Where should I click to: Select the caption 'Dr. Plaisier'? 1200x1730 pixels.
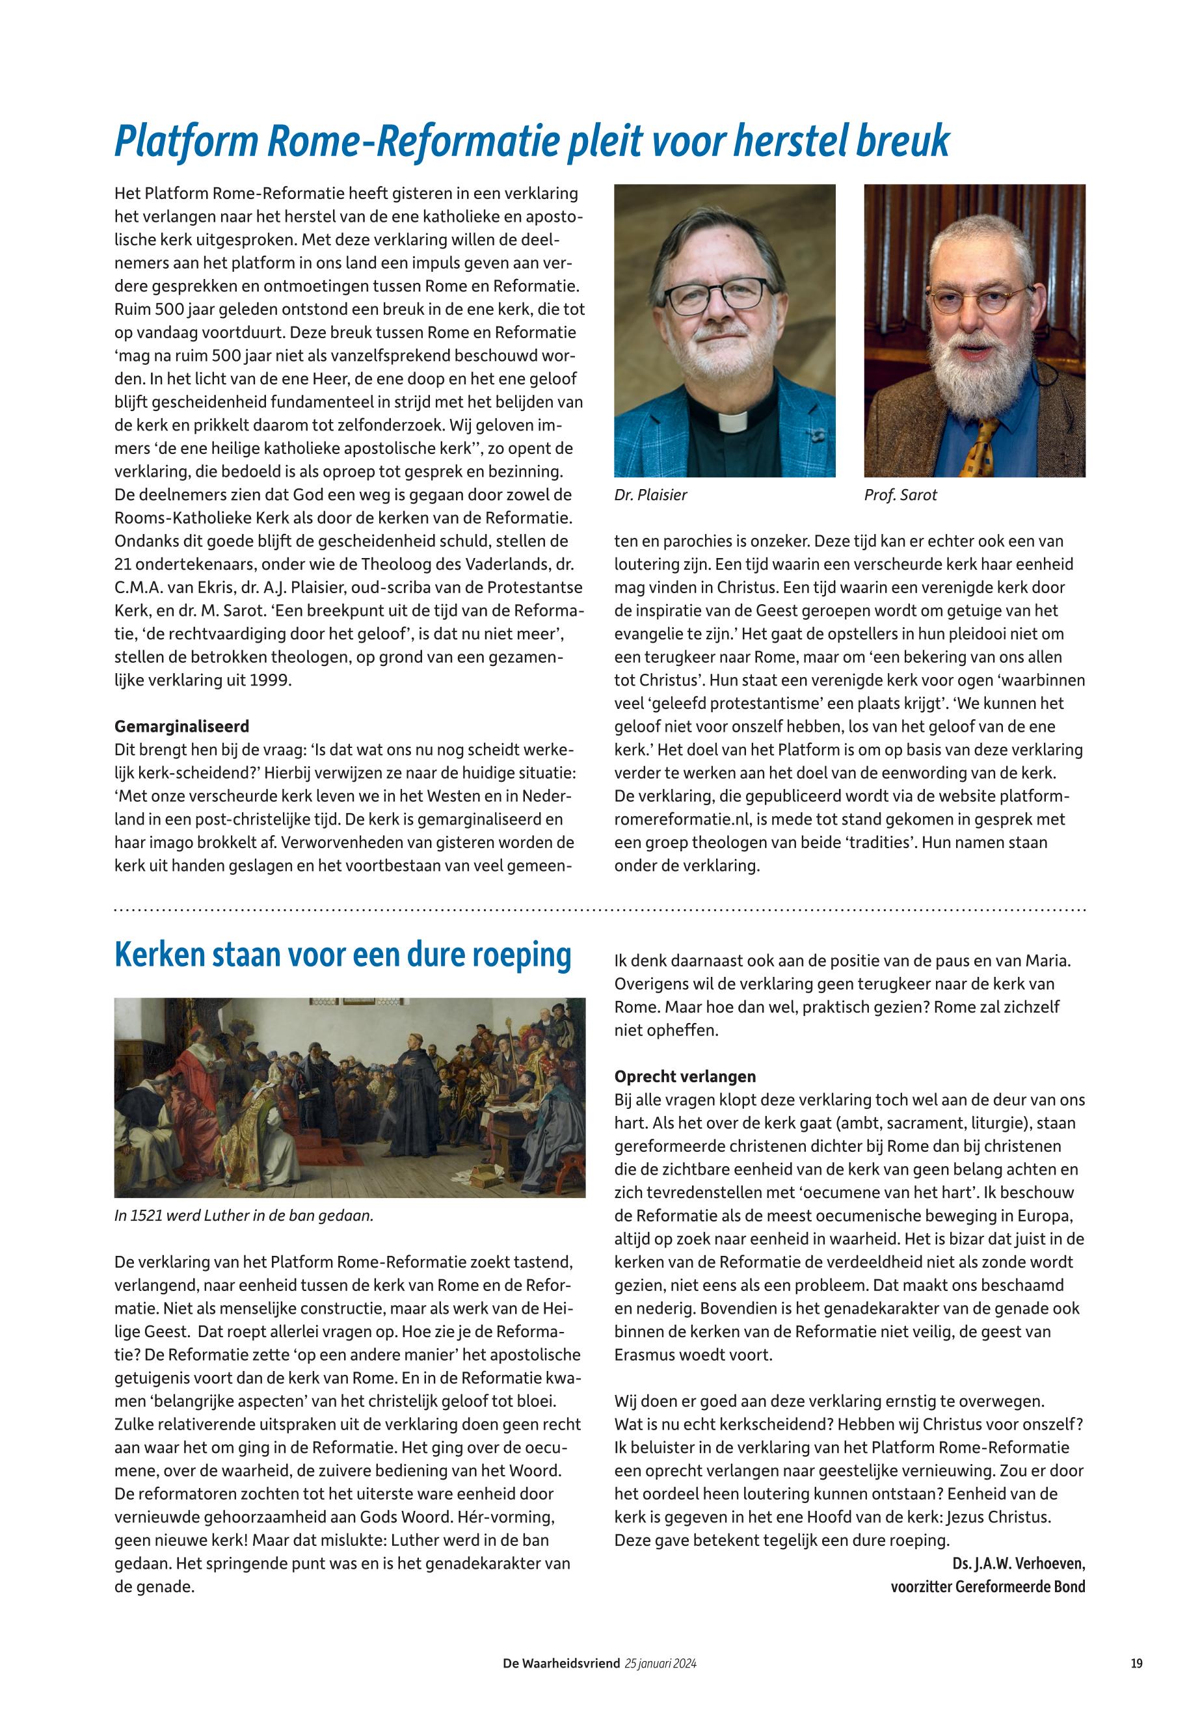pos(650,495)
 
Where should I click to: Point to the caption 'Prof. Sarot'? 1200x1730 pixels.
pos(901,495)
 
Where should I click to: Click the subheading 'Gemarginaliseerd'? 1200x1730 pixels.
pos(181,726)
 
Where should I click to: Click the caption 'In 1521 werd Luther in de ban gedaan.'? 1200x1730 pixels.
pos(244,1215)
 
